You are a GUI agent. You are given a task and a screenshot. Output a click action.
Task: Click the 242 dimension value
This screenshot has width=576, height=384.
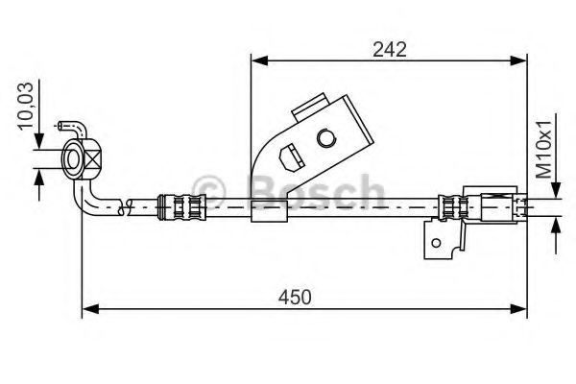coord(389,48)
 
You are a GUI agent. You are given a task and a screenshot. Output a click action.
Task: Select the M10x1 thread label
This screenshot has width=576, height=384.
coord(543,150)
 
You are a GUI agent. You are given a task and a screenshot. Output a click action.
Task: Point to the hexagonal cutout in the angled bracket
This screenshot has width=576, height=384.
coord(286,154)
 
